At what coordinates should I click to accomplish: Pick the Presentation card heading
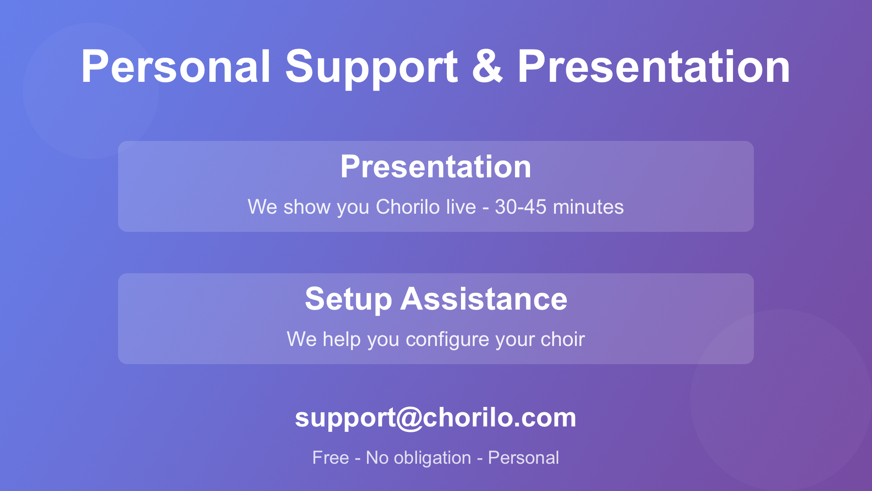tap(436, 166)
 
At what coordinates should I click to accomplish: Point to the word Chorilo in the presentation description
tap(407, 207)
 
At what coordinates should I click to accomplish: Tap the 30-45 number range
tap(520, 207)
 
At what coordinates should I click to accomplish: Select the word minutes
tap(588, 207)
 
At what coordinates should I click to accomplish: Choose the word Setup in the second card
tap(348, 300)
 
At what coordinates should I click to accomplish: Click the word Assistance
tap(484, 299)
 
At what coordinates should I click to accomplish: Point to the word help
tap(342, 340)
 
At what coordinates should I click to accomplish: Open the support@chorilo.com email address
tap(436, 418)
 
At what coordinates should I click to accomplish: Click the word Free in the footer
tap(331, 458)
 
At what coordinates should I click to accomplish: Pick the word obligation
tap(432, 458)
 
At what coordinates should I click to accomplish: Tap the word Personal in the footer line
tap(523, 458)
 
